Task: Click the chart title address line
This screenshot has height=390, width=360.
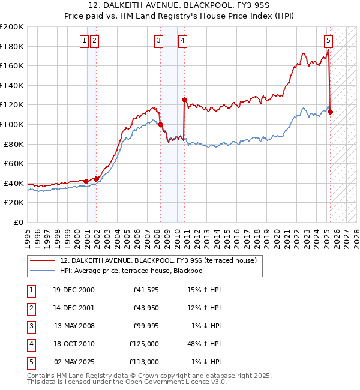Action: (180, 6)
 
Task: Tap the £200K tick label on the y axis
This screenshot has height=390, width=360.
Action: (12, 27)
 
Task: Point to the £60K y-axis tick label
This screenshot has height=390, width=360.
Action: (14, 163)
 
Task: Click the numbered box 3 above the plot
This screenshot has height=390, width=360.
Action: (158, 41)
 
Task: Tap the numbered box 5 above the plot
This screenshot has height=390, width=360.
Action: (329, 41)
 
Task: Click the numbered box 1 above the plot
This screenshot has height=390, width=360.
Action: (85, 41)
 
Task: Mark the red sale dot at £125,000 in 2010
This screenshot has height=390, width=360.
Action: (184, 100)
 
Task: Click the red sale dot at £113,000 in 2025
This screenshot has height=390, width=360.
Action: (331, 112)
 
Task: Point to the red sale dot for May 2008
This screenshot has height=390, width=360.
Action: (160, 125)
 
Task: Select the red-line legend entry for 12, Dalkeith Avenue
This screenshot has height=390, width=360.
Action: (158, 260)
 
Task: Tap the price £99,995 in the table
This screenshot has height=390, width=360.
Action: (145, 326)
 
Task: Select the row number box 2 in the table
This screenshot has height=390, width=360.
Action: (30, 308)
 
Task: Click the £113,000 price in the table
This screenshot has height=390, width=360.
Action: (144, 362)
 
